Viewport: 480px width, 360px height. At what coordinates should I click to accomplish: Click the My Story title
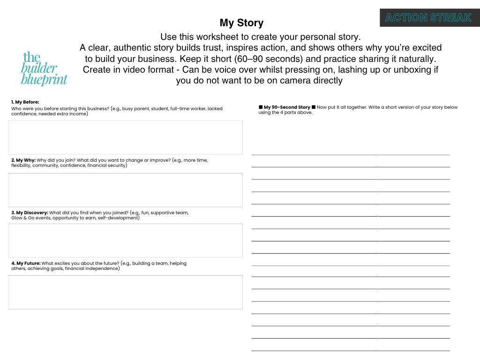(x=241, y=23)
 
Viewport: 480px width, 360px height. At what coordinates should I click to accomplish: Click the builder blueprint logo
(x=44, y=69)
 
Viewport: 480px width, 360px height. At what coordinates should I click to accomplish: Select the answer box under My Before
(x=125, y=137)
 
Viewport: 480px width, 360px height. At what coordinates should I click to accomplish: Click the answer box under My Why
(x=125, y=190)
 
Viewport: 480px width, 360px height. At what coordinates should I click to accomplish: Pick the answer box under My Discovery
(x=125, y=240)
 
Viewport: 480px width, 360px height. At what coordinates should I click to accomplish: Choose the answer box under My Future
(x=125, y=292)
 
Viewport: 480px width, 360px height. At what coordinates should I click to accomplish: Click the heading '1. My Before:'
(x=25, y=102)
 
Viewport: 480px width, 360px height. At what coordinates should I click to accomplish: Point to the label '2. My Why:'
(x=23, y=160)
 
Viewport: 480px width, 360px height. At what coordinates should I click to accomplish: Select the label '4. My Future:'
(x=26, y=263)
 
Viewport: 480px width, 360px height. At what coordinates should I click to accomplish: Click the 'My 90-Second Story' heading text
(x=287, y=107)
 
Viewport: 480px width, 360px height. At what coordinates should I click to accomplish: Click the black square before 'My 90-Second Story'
(x=261, y=107)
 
